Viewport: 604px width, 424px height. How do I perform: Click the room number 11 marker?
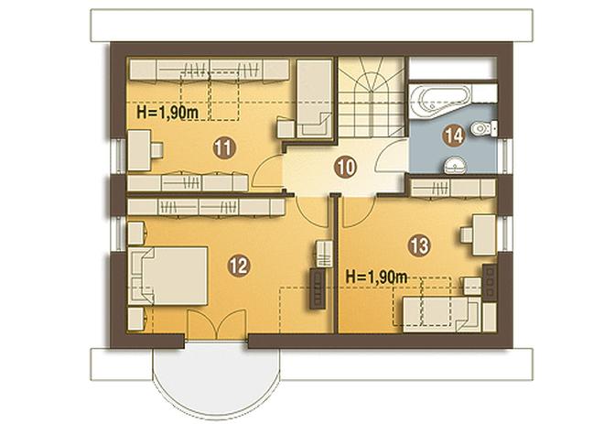(x=224, y=148)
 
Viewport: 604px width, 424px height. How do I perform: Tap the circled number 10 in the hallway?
(x=346, y=168)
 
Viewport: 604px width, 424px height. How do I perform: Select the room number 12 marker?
(x=239, y=266)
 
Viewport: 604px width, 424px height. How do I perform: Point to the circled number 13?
(x=419, y=245)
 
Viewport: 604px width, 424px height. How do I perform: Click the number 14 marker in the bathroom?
(x=453, y=136)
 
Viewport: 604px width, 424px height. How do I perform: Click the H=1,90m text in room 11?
(x=167, y=113)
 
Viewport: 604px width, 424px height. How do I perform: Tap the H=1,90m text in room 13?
(x=377, y=277)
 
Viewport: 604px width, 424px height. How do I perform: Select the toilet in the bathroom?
(x=485, y=128)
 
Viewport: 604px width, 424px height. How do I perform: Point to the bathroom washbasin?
(x=456, y=166)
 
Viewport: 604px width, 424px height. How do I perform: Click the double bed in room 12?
(x=168, y=276)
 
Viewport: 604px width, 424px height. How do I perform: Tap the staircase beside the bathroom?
(x=372, y=96)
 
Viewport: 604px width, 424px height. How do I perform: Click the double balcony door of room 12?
(x=216, y=324)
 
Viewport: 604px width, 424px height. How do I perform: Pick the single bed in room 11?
(x=314, y=98)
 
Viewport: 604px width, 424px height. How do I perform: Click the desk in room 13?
(x=484, y=235)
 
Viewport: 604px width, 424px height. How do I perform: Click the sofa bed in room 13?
(x=442, y=314)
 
